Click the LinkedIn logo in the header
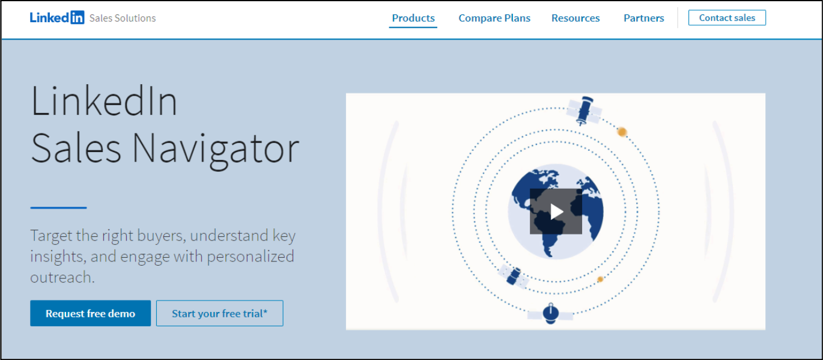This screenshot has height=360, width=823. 57,17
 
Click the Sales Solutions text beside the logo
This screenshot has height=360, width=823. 123,18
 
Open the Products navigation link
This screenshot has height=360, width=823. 413,18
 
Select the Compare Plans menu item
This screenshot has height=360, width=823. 494,18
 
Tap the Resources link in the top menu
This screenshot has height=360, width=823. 575,18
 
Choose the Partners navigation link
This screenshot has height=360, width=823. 644,18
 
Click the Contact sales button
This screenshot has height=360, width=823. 727,17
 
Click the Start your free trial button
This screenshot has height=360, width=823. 220,313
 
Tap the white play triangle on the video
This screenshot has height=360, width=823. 557,212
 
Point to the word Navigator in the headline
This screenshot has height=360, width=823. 215,149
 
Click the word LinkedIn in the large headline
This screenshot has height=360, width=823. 104,101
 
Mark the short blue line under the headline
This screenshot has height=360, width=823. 58,208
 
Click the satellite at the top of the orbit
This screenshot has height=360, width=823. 584,111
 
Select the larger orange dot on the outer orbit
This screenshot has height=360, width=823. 622,132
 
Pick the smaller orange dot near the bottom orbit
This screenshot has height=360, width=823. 600,279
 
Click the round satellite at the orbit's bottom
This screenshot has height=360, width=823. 550,314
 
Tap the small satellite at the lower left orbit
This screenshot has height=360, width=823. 513,276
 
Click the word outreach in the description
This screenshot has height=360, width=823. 62,277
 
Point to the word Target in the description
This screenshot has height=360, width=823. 51,236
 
